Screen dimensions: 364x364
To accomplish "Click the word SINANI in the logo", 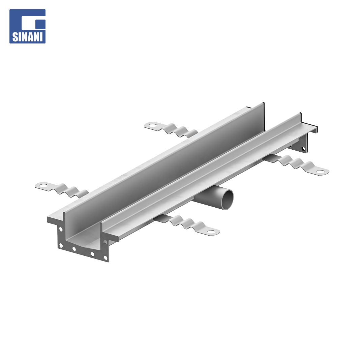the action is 27,37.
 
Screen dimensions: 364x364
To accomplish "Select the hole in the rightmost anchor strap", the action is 321,172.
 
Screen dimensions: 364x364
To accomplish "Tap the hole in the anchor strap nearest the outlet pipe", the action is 211,232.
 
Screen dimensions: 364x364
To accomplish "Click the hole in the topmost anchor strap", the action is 152,125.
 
